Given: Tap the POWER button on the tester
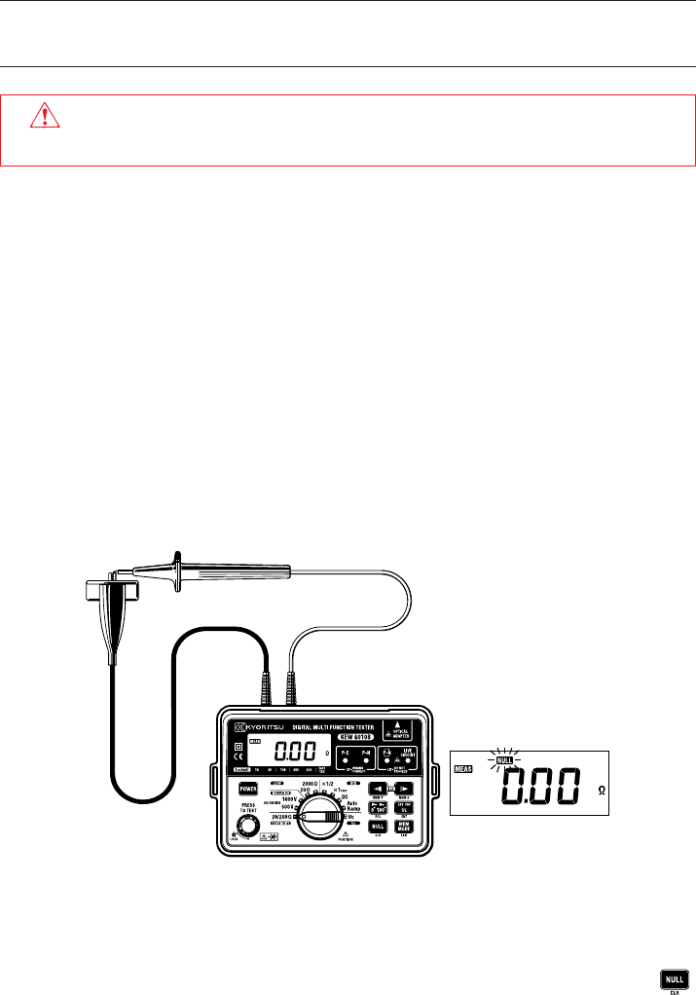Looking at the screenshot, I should [x=247, y=789].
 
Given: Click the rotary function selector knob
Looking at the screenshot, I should [x=317, y=816].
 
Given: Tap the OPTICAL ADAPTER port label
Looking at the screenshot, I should [x=399, y=729].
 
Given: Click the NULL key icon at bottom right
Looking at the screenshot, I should [x=672, y=978].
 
